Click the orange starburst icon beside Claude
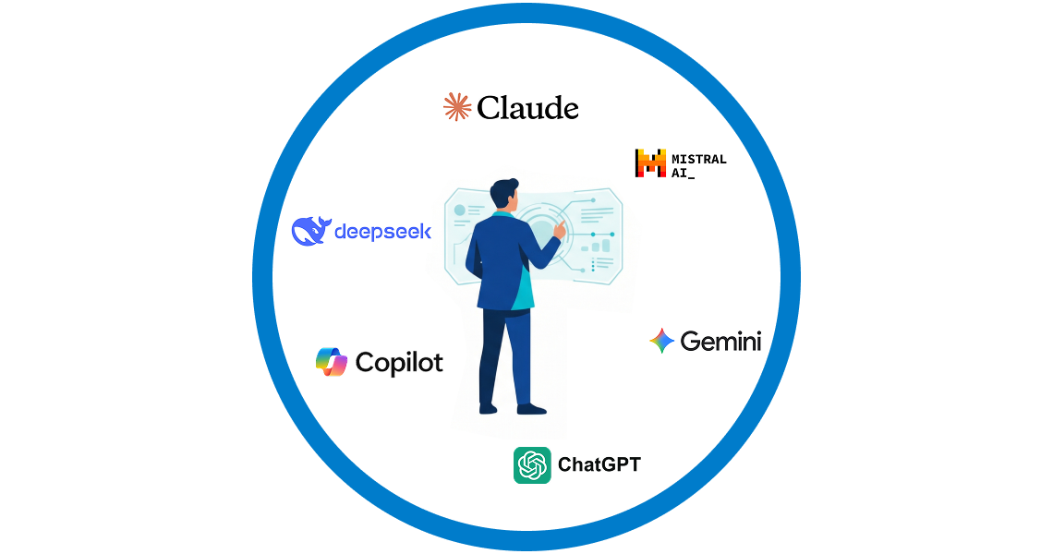[x=456, y=107]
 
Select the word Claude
[x=527, y=107]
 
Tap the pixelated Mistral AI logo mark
[x=650, y=163]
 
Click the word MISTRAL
[x=699, y=159]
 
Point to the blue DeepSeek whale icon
[x=311, y=232]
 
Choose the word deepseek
[x=382, y=232]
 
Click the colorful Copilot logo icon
[x=332, y=362]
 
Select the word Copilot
[x=399, y=363]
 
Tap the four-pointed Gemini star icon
[x=661, y=341]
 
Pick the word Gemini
[x=720, y=341]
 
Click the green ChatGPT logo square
[x=532, y=464]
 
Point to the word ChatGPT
[x=599, y=464]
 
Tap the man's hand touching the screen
[x=559, y=230]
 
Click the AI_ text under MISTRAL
[x=683, y=174]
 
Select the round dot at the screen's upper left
[x=460, y=211]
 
